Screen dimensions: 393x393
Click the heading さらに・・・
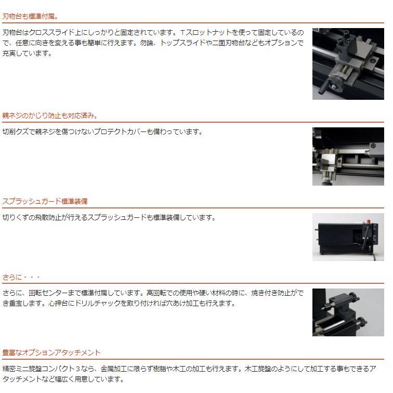pyautogui.click(x=21, y=277)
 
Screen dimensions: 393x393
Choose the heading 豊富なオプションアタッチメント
pyautogui.click(x=51, y=352)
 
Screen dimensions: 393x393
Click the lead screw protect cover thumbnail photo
pyautogui.click(x=348, y=156)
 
